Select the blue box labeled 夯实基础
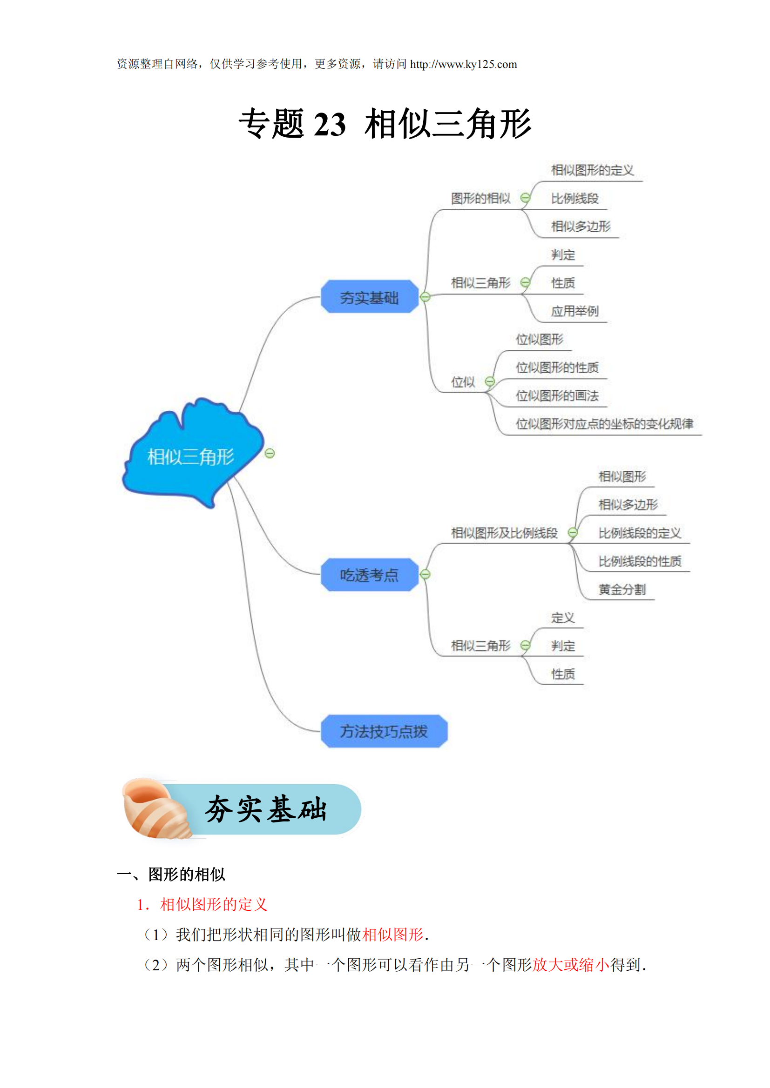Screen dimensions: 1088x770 (369, 297)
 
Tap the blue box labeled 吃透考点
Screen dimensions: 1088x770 (369, 575)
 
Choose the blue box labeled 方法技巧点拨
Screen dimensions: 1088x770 (384, 731)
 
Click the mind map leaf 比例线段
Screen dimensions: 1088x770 (574, 198)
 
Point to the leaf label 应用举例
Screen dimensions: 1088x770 (574, 311)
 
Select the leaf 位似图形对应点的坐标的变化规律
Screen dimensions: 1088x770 (604, 424)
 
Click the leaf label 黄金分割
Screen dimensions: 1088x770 (621, 589)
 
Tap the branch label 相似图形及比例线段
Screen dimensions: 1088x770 (504, 533)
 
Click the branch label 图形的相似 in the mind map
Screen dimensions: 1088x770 (480, 198)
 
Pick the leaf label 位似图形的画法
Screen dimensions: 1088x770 (557, 396)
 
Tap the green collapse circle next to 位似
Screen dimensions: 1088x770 (490, 381)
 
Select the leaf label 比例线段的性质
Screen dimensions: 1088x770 (639, 561)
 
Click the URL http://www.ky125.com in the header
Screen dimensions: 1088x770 (463, 65)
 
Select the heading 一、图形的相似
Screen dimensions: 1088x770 (171, 874)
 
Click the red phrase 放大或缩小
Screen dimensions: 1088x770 (571, 965)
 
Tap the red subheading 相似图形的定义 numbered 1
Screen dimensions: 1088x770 (214, 905)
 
